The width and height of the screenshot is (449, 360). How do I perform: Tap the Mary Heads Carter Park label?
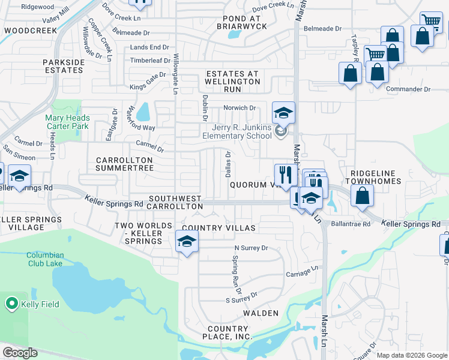67,122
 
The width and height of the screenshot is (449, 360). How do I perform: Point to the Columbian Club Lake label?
53,259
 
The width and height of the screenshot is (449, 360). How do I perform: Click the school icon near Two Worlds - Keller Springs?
187,242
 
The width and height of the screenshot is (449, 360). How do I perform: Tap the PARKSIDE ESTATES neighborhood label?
62,66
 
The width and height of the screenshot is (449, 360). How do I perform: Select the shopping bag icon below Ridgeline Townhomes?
363,196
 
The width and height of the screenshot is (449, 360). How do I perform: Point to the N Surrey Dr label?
250,247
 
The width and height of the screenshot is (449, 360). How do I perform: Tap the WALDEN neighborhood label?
261,313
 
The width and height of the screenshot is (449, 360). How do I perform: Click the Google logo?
20,353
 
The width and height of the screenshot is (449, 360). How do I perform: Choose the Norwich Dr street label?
240,108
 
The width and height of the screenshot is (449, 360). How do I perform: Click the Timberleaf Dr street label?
150,61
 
